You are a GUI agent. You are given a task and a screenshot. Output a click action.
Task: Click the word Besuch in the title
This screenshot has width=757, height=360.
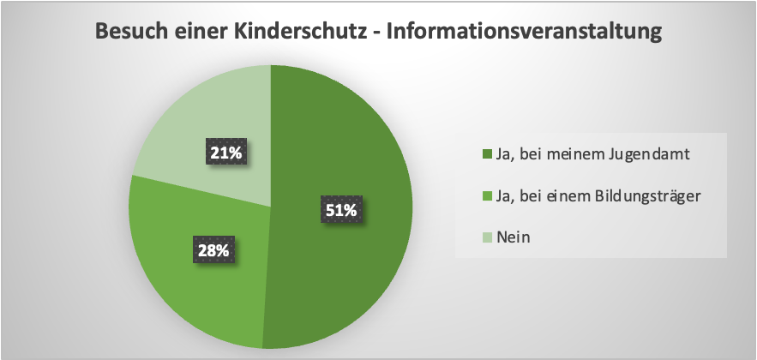click(x=127, y=32)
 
